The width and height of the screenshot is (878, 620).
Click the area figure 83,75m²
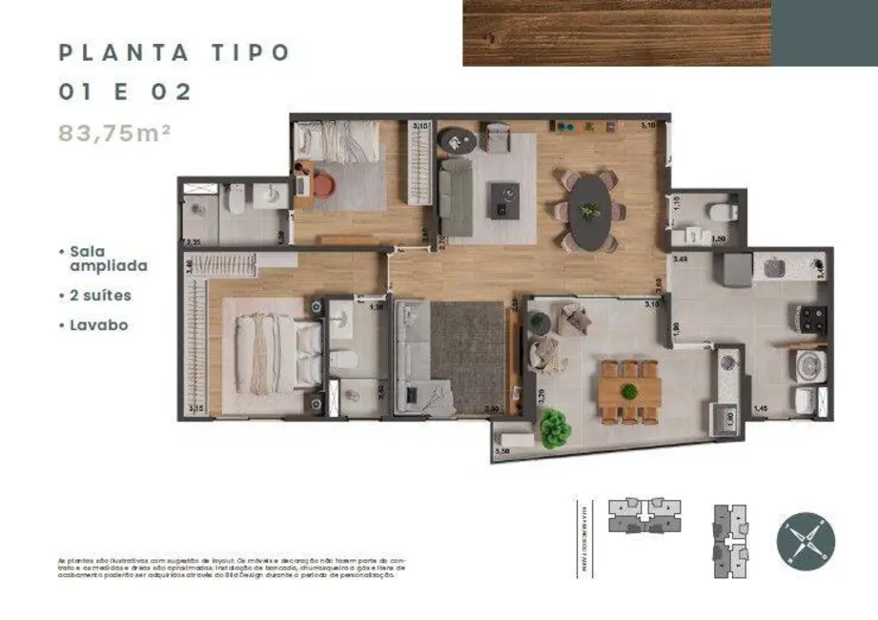point(114,134)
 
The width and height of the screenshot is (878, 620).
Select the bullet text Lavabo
point(98,325)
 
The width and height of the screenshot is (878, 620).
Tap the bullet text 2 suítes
point(100,296)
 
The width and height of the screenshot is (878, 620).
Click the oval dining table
point(590,211)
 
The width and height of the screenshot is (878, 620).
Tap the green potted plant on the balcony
point(555,431)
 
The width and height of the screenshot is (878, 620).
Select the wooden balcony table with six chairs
point(630,390)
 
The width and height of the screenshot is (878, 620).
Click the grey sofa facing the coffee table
point(457,197)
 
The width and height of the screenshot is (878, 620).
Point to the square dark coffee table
point(505,200)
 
